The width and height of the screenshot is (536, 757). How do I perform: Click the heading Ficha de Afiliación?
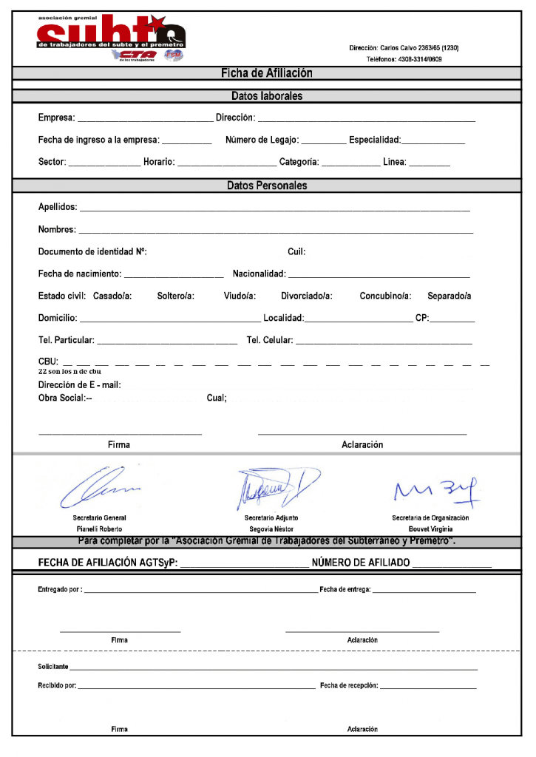pyautogui.click(x=267, y=73)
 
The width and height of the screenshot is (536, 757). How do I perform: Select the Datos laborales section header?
pyautogui.click(x=267, y=96)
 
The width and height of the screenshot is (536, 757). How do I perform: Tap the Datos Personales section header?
pyautogui.click(x=267, y=186)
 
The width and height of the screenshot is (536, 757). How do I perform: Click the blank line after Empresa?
pyautogui.click(x=145, y=118)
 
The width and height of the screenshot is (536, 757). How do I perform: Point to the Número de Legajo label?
pyautogui.click(x=262, y=140)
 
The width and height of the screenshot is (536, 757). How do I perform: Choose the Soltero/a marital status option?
pyautogui.click(x=176, y=296)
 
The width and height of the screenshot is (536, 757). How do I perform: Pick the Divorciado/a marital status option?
pyautogui.click(x=307, y=296)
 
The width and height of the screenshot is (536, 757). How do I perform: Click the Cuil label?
pyautogui.click(x=296, y=252)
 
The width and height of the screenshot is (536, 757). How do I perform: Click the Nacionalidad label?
pyautogui.click(x=259, y=274)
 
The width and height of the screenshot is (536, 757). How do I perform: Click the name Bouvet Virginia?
pyautogui.click(x=430, y=529)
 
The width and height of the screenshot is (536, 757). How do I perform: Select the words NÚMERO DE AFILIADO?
pyautogui.click(x=361, y=563)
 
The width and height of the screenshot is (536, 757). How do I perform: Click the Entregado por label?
pyautogui.click(x=60, y=590)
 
